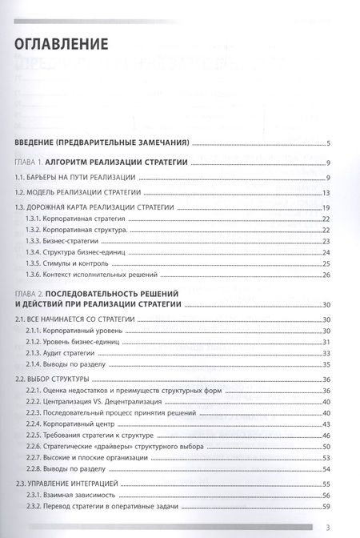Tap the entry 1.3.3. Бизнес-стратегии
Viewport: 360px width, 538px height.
[65, 241]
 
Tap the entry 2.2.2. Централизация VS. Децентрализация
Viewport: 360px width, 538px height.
[95, 401]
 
